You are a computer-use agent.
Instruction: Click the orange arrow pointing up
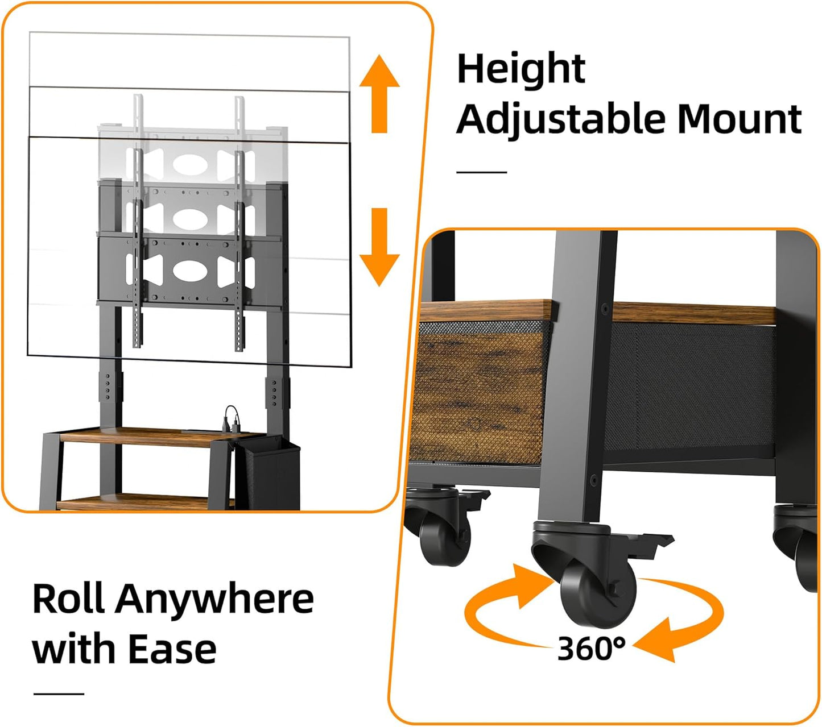coord(379,94)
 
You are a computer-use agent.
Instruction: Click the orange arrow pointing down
coord(379,247)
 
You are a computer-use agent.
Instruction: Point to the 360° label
coord(592,649)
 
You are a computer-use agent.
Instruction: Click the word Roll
coord(69,599)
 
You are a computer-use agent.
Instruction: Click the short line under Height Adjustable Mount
coord(482,172)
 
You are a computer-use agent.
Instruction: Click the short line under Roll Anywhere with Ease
coord(59,694)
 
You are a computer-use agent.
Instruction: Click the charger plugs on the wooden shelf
coord(230,419)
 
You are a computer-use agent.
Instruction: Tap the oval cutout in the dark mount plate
coord(191,271)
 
